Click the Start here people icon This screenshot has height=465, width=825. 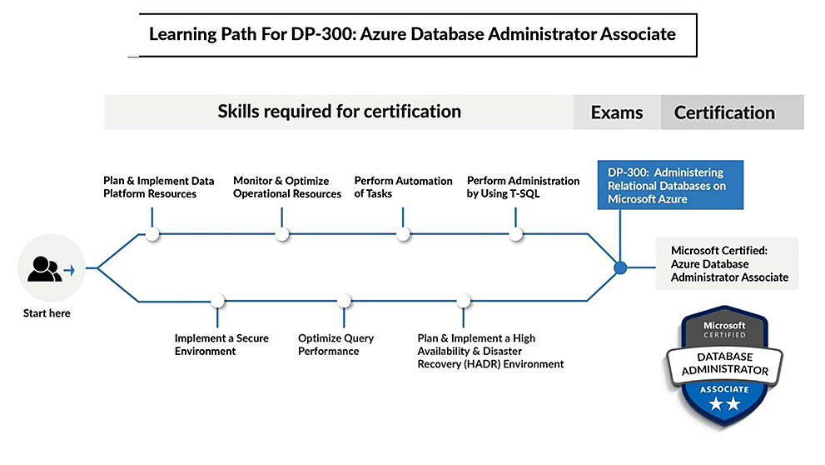[43, 268]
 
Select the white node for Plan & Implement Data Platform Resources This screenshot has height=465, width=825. [152, 234]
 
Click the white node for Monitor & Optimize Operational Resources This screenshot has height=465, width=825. [282, 234]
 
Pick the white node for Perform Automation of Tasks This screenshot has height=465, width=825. [404, 234]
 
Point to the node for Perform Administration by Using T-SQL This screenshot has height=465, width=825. [516, 234]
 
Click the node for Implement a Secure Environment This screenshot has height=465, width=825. [217, 300]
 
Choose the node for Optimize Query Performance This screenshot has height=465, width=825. [344, 300]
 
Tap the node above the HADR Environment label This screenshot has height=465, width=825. [464, 300]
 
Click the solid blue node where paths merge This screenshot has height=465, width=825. [619, 267]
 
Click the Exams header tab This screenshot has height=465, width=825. [616, 112]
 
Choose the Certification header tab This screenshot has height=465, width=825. [724, 112]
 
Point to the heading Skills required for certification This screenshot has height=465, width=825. [339, 111]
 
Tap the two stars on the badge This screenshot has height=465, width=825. [723, 405]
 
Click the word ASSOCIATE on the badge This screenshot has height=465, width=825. [723, 387]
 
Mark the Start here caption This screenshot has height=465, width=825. [47, 313]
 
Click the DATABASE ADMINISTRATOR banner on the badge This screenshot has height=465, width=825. [723, 362]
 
